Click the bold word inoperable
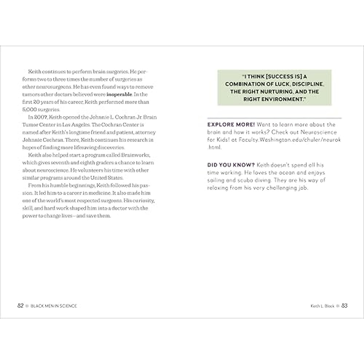(120, 94)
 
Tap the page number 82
(20, 306)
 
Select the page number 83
(344, 306)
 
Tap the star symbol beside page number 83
(338, 306)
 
